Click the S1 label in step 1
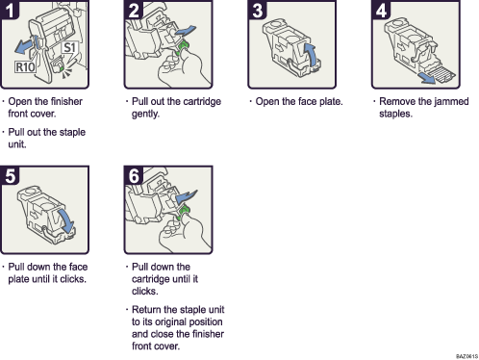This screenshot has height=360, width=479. [69, 46]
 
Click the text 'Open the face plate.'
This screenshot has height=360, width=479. [299, 101]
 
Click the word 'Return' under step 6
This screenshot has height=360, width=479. [148, 309]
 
